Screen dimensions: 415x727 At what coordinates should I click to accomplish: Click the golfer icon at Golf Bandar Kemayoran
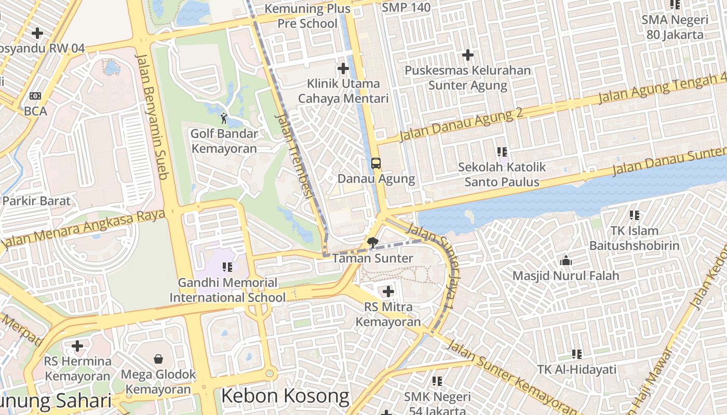pos(224,118)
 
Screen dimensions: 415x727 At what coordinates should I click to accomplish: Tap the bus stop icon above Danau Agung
pos(376,163)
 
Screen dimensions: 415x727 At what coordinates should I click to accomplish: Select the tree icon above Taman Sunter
pos(372,242)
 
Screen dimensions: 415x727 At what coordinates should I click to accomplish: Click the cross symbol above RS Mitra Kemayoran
pos(388,291)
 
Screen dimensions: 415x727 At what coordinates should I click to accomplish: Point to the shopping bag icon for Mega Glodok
pos(158,358)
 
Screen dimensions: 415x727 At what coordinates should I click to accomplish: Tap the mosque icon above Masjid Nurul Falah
pos(566,260)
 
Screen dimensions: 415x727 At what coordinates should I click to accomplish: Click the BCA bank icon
pos(35,96)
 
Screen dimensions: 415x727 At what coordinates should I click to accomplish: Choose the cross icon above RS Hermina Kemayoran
pos(77,345)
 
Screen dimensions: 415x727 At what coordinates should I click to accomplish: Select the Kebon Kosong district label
pos(285,396)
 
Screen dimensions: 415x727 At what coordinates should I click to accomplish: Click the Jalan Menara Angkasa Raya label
pos(83,229)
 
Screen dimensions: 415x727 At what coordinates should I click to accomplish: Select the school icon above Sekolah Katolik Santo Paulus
pos(502,152)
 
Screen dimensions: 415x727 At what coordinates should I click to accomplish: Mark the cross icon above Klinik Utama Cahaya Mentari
pos(343,68)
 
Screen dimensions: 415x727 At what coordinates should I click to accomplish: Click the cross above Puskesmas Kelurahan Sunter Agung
pos(468,54)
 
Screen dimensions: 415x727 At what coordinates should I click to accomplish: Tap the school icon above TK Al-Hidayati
pos(576,354)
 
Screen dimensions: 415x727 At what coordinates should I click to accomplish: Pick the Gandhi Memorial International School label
pos(227,290)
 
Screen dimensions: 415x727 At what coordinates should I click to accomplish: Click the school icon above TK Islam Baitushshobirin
pos(634,215)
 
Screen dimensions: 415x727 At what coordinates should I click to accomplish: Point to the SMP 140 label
pos(406,7)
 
